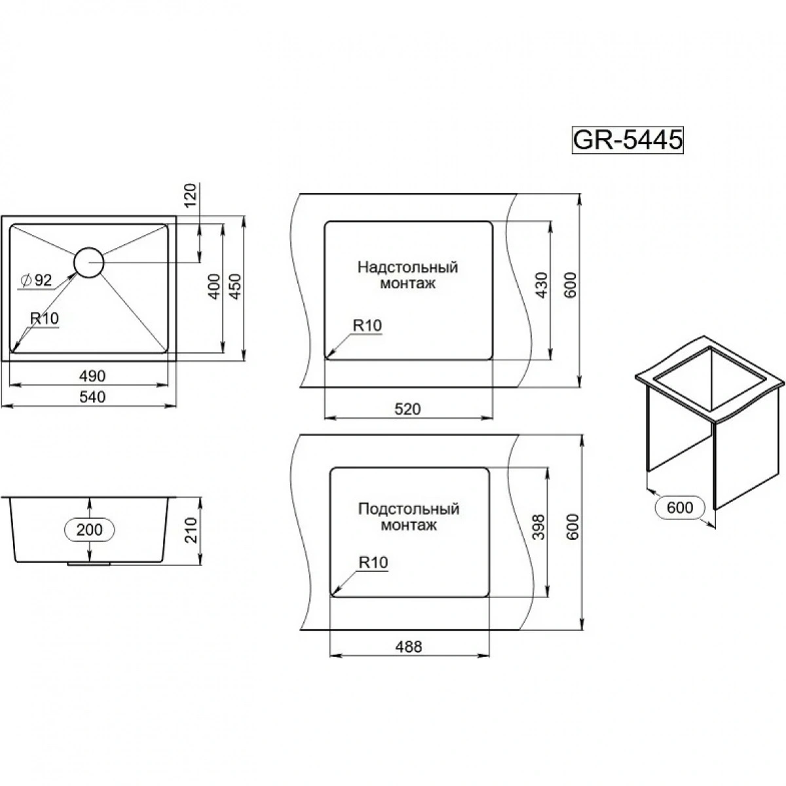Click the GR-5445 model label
coord(627,140)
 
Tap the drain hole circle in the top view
coord(89,263)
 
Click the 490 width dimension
coord(92,376)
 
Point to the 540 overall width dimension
coord(92,396)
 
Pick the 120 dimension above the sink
coord(191,196)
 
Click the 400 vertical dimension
coord(214,286)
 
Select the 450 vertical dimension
coord(235,286)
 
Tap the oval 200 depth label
coord(90,529)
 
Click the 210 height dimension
coord(191,531)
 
